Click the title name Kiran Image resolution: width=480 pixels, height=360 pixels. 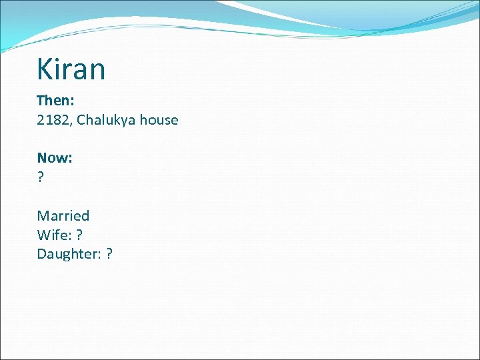(71, 69)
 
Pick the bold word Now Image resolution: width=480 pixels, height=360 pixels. (53, 158)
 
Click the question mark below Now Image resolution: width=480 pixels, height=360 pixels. (40, 177)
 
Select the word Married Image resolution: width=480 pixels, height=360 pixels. (63, 215)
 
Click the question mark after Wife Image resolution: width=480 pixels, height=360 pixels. (79, 235)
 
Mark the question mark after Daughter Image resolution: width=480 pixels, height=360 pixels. (109, 254)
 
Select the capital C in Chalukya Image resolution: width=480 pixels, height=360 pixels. (81, 120)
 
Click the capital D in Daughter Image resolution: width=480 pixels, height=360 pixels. (41, 254)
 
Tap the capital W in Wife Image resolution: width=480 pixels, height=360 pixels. (43, 235)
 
